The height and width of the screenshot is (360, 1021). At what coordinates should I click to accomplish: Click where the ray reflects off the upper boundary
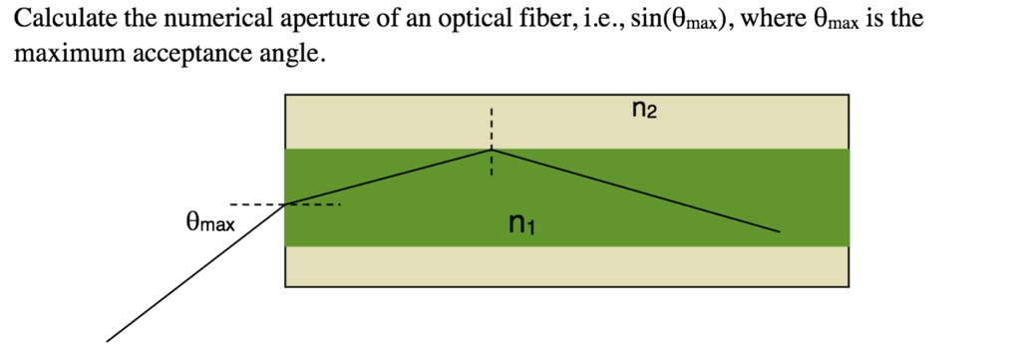[491, 150]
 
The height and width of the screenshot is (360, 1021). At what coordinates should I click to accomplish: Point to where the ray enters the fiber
[286, 204]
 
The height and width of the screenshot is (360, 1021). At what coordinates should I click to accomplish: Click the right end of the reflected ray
[778, 232]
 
